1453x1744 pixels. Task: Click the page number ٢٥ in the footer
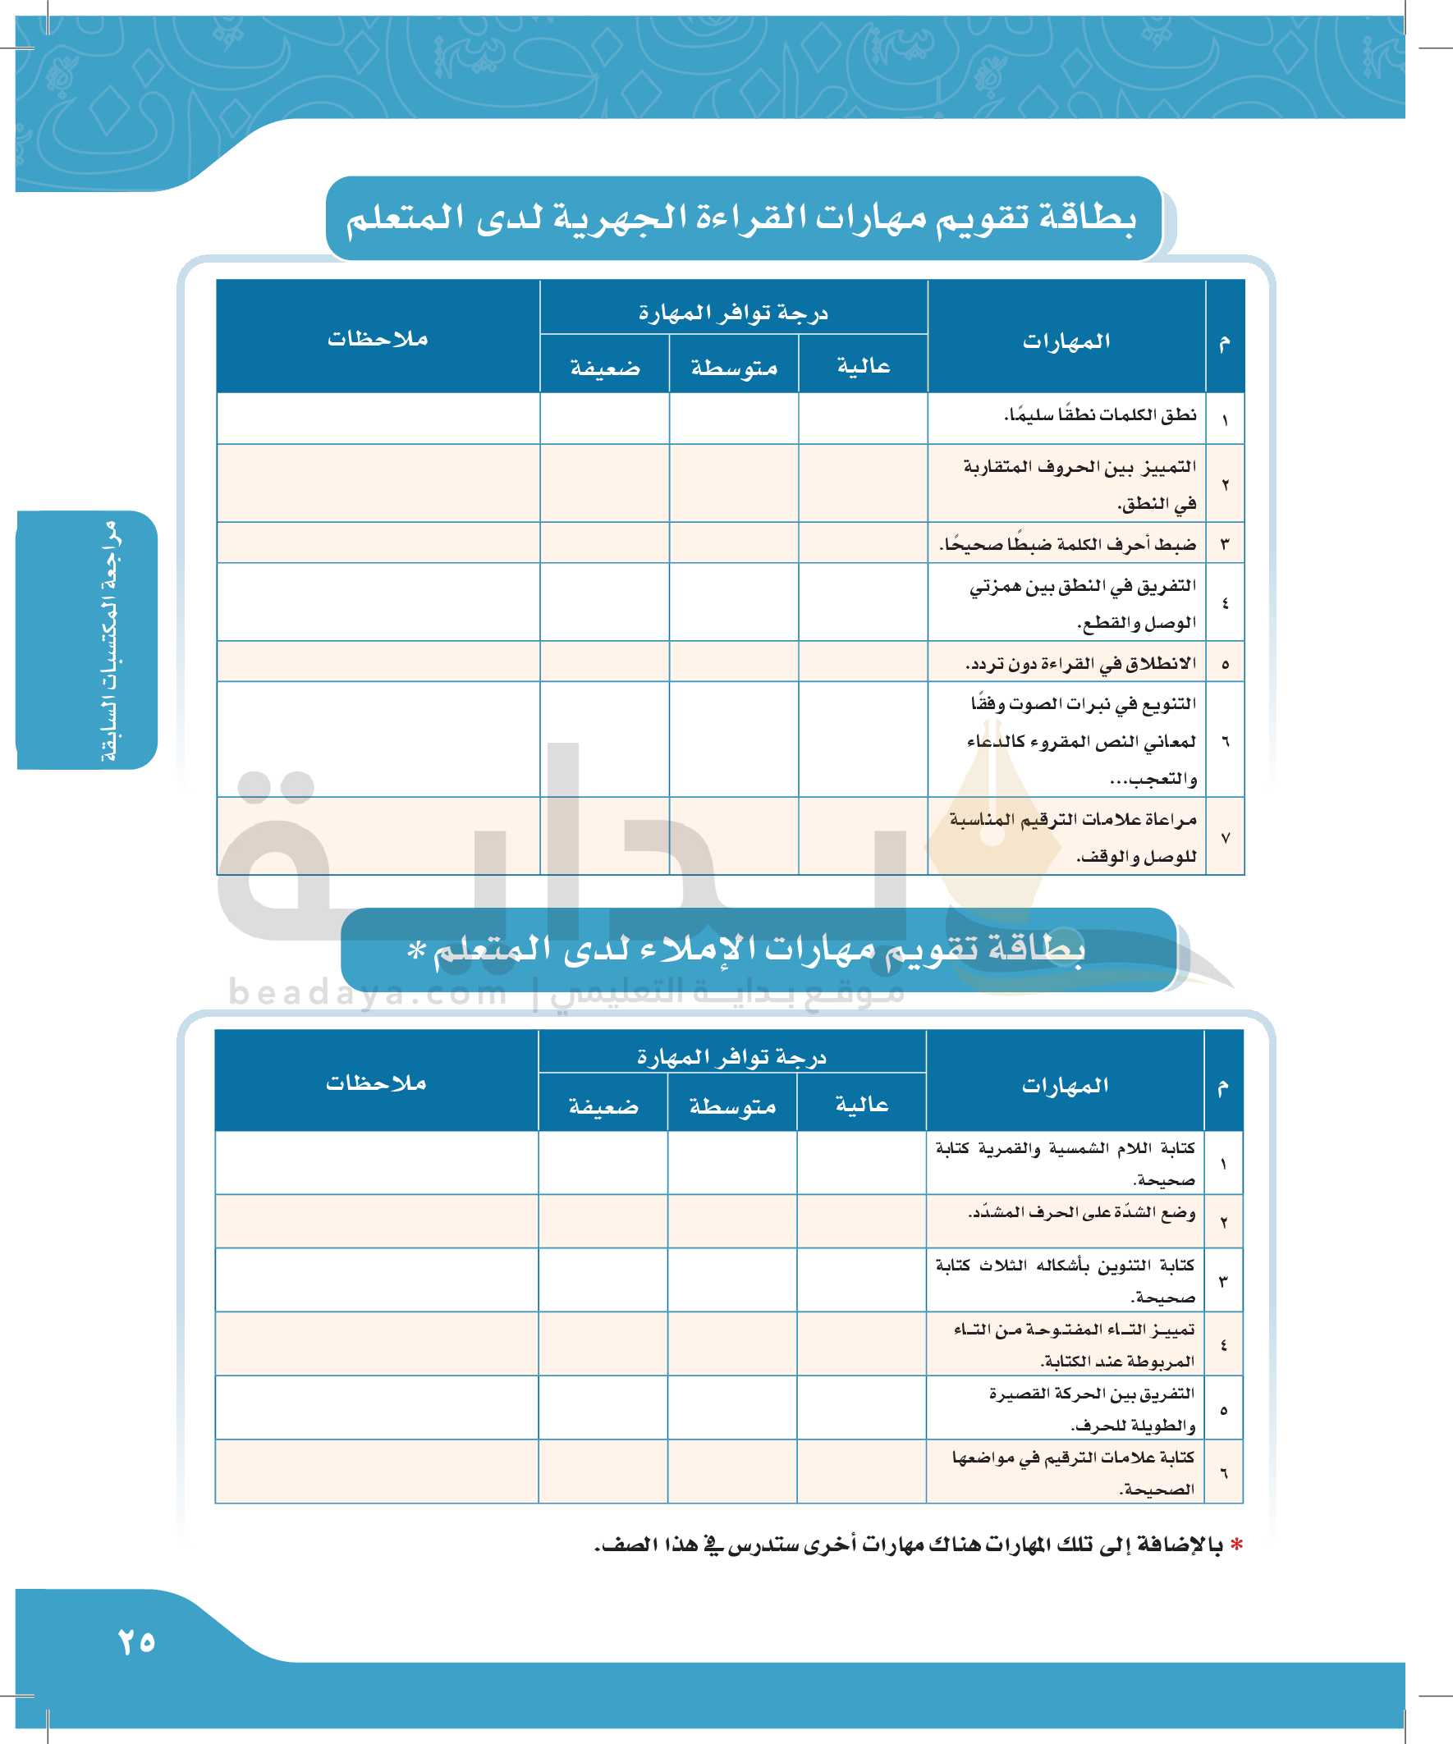click(x=136, y=1642)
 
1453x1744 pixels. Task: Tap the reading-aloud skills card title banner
click(x=742, y=217)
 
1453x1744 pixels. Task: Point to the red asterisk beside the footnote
click(x=1237, y=1545)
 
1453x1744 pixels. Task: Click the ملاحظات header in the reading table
click(x=378, y=338)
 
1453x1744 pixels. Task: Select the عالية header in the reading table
click(x=863, y=366)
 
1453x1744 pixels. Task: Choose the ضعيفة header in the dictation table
click(x=603, y=1105)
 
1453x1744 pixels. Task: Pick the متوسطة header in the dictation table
click(x=732, y=1105)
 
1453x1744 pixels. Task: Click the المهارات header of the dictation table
click(x=1065, y=1086)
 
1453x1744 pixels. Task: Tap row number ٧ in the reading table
click(x=1225, y=838)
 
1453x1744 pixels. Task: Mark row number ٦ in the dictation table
click(x=1223, y=1472)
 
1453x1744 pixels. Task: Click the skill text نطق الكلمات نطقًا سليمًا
click(x=1100, y=414)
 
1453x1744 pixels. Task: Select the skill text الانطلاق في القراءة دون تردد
click(x=1080, y=664)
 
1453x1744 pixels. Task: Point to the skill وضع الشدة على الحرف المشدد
click(x=1081, y=1213)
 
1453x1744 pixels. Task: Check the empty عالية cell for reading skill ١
click(x=863, y=419)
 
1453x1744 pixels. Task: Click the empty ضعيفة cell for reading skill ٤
click(x=605, y=602)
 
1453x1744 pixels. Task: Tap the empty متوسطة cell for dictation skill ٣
click(x=732, y=1279)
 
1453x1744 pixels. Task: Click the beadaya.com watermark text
click(x=367, y=992)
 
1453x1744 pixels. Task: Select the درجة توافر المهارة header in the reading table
click(x=733, y=313)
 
